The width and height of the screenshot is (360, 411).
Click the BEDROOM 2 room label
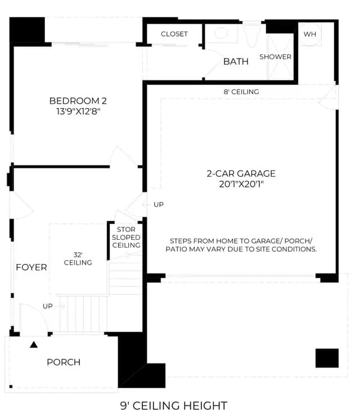coord(78,101)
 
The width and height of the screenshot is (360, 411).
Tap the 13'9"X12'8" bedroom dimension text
coord(78,111)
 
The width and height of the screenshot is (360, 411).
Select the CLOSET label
coord(174,34)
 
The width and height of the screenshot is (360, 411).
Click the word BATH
coord(236,61)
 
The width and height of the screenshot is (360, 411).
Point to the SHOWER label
coord(276,57)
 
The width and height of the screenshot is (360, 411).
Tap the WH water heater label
coord(310,34)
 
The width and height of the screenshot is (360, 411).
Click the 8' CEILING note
coord(241,92)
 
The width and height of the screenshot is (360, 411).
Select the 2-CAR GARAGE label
coord(241,173)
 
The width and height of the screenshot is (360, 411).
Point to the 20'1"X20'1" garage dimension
coord(241,184)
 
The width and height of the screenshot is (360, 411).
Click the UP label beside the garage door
coord(159,204)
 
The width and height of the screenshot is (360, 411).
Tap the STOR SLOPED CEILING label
coord(126,237)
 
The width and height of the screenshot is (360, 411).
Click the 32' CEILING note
coord(78,259)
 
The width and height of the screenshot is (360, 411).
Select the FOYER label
coord(31,267)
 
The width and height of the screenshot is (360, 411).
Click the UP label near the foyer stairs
coord(48,306)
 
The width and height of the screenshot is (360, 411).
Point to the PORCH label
coord(64,362)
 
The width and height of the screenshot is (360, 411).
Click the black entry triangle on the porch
coord(34,345)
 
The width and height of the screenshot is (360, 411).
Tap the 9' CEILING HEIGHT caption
coord(174,405)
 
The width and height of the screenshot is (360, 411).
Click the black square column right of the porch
coord(327,358)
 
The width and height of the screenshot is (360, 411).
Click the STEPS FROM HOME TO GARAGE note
coord(241,245)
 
